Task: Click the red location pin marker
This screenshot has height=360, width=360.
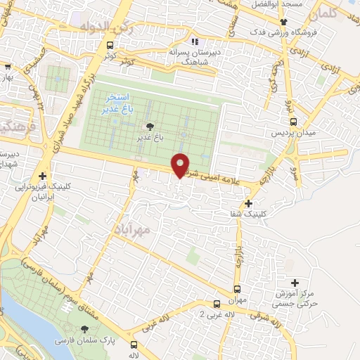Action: coord(181,164)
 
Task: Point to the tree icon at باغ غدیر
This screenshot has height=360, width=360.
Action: coord(148,127)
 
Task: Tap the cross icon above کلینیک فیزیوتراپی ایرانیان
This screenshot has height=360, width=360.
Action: coord(43,176)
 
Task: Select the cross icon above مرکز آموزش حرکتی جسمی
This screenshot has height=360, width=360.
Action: coord(303,272)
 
